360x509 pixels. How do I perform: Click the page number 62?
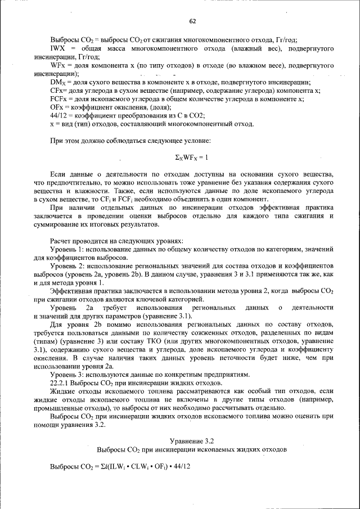pyautogui.click(x=192, y=21)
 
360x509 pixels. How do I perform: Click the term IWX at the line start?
pyautogui.click(x=56, y=49)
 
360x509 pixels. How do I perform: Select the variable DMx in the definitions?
pyautogui.click(x=58, y=82)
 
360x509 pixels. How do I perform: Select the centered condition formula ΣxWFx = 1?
pyautogui.click(x=192, y=156)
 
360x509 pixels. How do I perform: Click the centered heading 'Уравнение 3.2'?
pyautogui.click(x=192, y=440)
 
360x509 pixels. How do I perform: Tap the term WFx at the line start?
pyautogui.click(x=58, y=65)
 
